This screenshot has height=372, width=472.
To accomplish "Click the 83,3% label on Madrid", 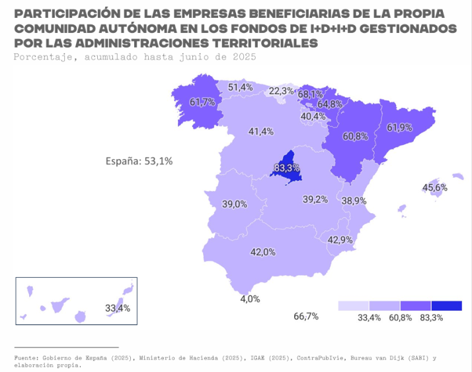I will [x=286, y=168].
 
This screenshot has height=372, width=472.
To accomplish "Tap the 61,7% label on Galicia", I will [x=202, y=102].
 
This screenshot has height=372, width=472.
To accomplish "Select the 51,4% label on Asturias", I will [x=240, y=87].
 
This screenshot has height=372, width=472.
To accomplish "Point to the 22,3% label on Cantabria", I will [x=281, y=91].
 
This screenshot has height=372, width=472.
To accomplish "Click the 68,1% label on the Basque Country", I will [x=310, y=94].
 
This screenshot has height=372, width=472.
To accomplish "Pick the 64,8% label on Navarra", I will [x=329, y=104].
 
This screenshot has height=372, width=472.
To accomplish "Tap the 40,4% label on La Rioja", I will [x=313, y=116].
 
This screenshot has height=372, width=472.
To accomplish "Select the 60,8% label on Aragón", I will [x=355, y=137].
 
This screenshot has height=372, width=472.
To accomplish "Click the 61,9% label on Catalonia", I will [x=399, y=127].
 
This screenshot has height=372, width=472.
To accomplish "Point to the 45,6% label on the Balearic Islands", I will [x=434, y=187].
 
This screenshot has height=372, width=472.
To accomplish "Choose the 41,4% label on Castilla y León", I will [x=260, y=131].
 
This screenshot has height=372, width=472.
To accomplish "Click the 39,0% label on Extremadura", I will [x=234, y=204].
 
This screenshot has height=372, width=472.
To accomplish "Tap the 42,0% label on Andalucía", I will [x=262, y=252].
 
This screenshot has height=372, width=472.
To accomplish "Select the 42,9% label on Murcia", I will [x=340, y=240].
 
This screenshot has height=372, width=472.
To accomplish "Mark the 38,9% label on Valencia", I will [x=354, y=200].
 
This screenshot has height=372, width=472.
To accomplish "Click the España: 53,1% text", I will [x=139, y=160].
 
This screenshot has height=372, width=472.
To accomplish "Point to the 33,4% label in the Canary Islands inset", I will [x=118, y=308].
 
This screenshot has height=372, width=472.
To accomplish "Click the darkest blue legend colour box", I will [x=446, y=306].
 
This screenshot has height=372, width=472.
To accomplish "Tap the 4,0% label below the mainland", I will [x=250, y=299].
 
